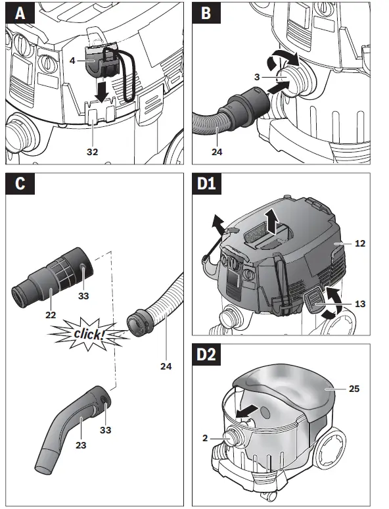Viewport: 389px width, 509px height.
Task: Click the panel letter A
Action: pos(20,13)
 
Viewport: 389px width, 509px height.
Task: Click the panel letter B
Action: pos(206,13)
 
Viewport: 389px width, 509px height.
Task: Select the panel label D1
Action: pos(206,183)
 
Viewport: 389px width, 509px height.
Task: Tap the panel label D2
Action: pos(207,354)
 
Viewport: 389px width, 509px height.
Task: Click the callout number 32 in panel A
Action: pos(92,152)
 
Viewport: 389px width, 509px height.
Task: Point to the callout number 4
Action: pos(72,61)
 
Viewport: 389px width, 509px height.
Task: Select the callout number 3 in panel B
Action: pos(257,77)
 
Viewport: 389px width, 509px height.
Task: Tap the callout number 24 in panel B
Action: pos(217,152)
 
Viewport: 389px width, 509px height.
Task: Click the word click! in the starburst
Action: pos(89,333)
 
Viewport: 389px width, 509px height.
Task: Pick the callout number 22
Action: pos(51,314)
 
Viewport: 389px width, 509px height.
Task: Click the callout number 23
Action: pos(81,445)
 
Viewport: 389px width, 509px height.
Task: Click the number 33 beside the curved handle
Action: pos(105,430)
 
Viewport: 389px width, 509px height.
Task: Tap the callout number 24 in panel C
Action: pos(166,366)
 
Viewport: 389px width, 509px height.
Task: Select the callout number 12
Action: pos(360,243)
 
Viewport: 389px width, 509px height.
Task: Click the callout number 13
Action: pos(360,304)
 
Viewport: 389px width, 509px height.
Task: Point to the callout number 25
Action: pos(354,389)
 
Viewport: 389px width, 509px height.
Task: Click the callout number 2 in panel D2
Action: pos(205,438)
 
